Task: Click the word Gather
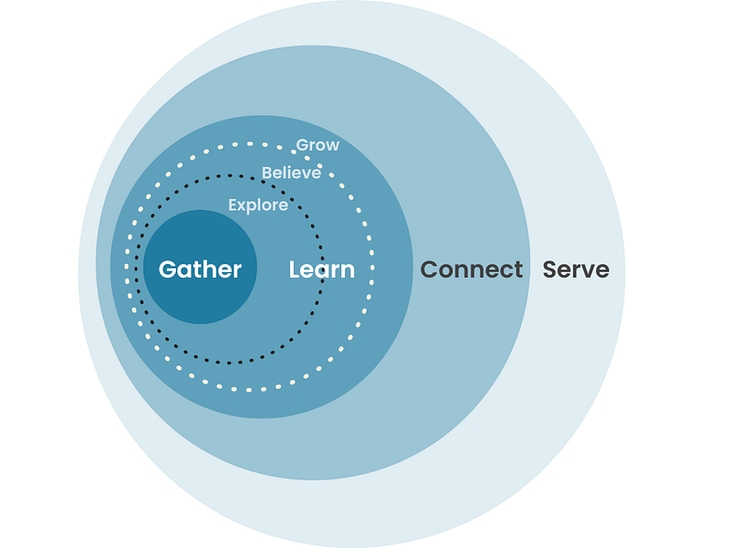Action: pyautogui.click(x=200, y=269)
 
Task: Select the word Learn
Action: pyautogui.click(x=321, y=269)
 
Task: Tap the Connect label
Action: pyautogui.click(x=471, y=269)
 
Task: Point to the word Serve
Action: pyautogui.click(x=576, y=269)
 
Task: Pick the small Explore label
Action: pyautogui.click(x=258, y=205)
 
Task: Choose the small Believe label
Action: pyautogui.click(x=291, y=173)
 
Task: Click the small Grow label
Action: pyautogui.click(x=318, y=145)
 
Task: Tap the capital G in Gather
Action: pyautogui.click(x=168, y=269)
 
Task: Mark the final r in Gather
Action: pyautogui.click(x=237, y=270)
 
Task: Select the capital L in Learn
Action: pyautogui.click(x=295, y=269)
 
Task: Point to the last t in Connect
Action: pyautogui.click(x=518, y=269)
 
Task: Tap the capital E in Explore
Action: pyautogui.click(x=233, y=205)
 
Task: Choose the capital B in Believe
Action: pyautogui.click(x=266, y=173)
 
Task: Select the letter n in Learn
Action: pyautogui.click(x=348, y=271)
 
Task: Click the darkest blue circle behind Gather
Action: pyautogui.click(x=201, y=301)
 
